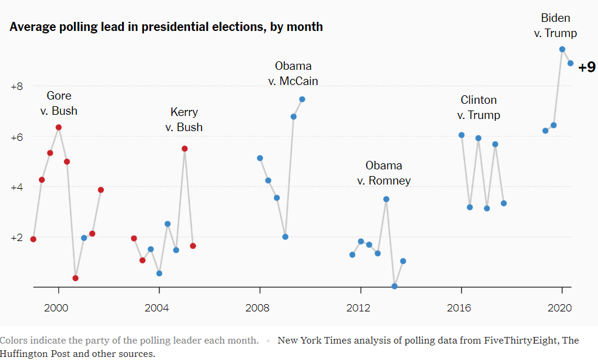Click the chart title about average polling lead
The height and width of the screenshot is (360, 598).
[x=166, y=27]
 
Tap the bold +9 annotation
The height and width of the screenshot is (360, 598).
[x=586, y=67]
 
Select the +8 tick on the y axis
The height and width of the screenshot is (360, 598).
[x=16, y=86]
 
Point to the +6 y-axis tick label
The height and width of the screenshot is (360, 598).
[x=16, y=137]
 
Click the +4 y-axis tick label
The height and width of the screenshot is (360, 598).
[x=16, y=187]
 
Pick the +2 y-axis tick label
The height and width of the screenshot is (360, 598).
[x=16, y=237]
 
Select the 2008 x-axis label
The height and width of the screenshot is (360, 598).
[x=257, y=307]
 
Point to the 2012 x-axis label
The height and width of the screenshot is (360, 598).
[x=358, y=307]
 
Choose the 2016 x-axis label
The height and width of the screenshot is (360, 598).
[x=459, y=307]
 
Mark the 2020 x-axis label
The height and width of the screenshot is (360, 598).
[x=560, y=307]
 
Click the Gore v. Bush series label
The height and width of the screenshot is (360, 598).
[x=59, y=103]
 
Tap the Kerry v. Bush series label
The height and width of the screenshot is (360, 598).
[x=184, y=120]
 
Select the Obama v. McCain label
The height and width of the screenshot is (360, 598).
[x=293, y=73]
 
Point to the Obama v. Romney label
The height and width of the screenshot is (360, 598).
[x=384, y=173]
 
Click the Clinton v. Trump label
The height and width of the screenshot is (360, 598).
[x=479, y=107]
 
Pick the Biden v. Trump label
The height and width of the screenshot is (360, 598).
[x=556, y=25]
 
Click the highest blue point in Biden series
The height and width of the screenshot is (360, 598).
[x=562, y=49]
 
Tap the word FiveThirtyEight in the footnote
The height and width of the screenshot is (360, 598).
[x=520, y=340]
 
